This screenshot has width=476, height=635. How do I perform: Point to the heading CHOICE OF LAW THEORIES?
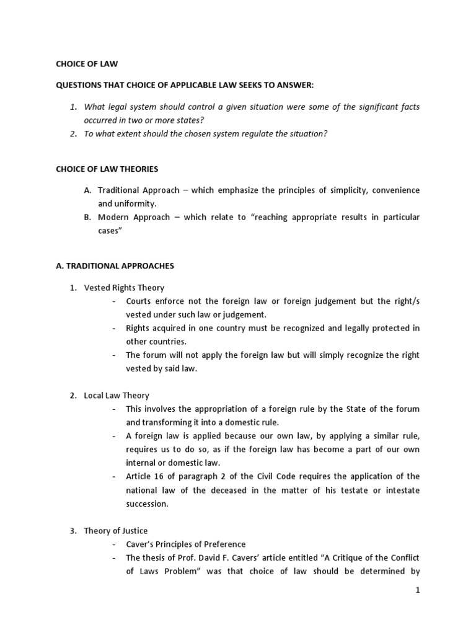coord(107,168)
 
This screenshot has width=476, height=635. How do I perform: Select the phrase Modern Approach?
coord(131,217)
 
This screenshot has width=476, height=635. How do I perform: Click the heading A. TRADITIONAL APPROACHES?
coord(115,266)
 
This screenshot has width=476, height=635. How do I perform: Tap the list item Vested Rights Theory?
coord(124,288)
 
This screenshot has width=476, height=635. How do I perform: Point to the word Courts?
coord(139,301)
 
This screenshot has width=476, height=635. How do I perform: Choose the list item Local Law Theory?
coord(117,395)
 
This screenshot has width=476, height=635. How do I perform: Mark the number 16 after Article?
coord(156,476)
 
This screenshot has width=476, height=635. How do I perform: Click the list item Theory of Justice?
coord(116,530)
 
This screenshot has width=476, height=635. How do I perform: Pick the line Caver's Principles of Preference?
coord(185,544)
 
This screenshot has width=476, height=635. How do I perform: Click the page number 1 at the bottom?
coord(418,590)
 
